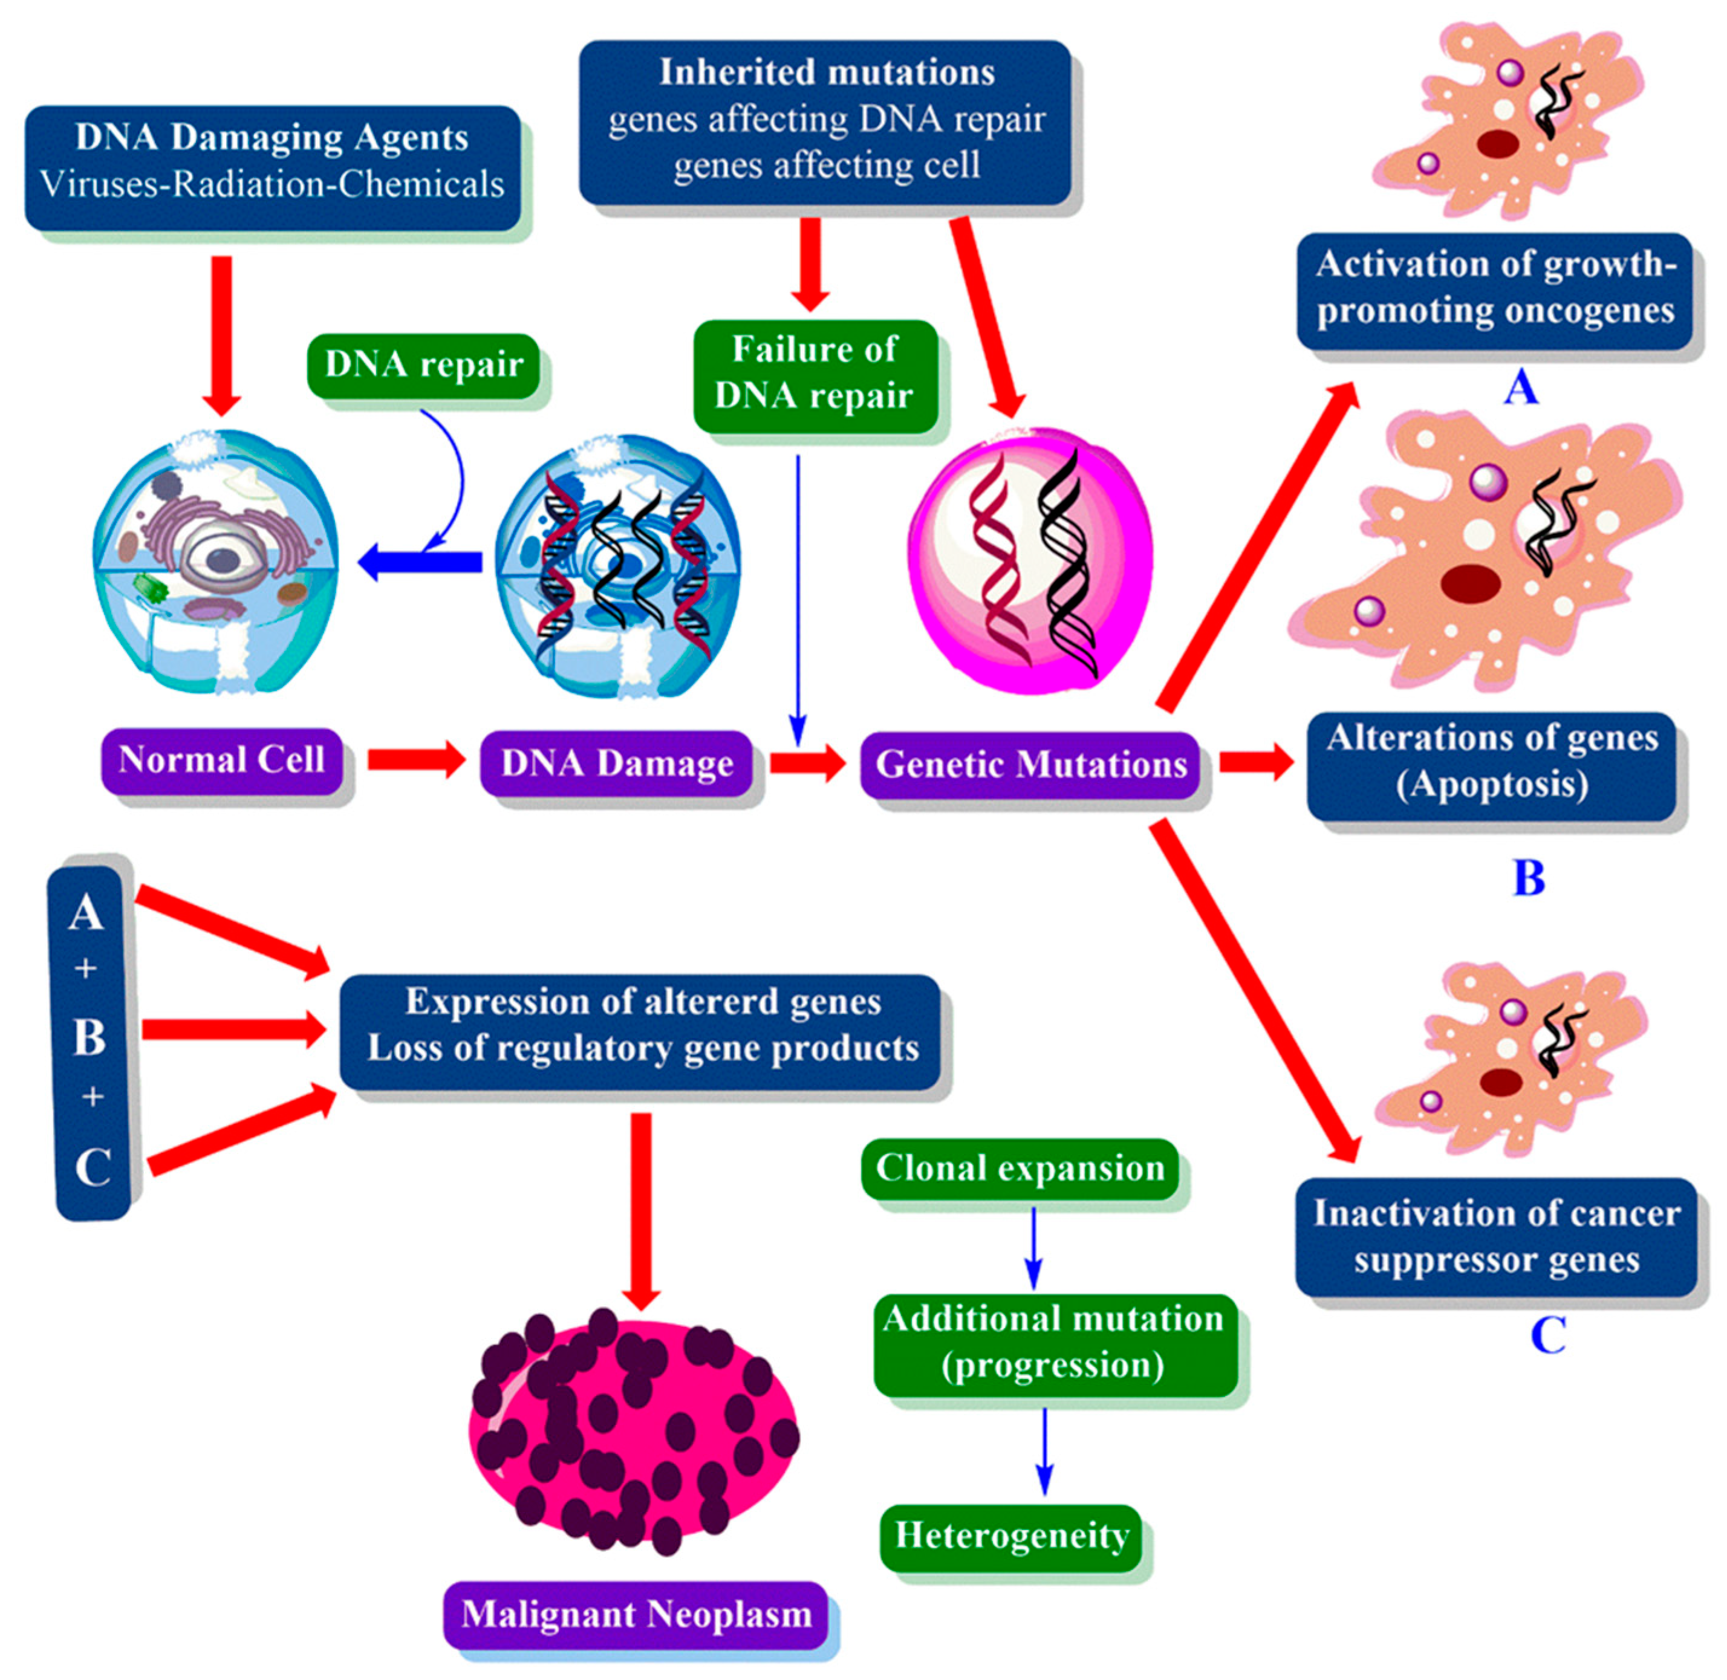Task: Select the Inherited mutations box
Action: point(825,122)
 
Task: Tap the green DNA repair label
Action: point(424,365)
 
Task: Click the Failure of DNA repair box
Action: point(814,374)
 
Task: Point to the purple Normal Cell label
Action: point(221,761)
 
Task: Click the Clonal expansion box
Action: point(1020,1169)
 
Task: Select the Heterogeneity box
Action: point(1011,1536)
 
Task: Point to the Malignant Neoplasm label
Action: point(636,1615)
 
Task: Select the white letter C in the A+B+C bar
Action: point(92,1167)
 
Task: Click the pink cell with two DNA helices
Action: point(1030,560)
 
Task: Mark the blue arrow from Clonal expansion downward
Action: point(1033,1247)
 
